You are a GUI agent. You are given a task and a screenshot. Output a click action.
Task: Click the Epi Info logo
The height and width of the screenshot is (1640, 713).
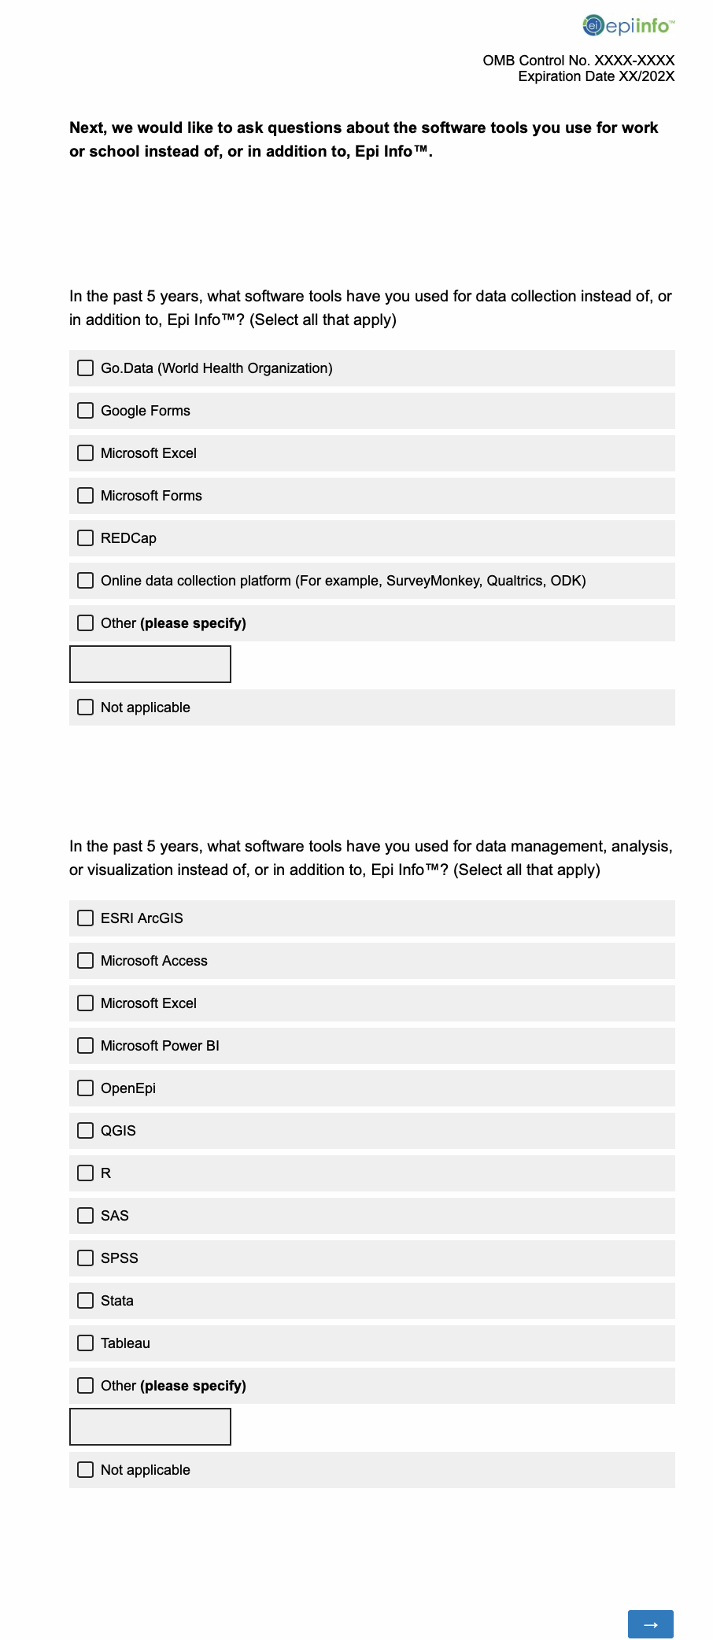(628, 26)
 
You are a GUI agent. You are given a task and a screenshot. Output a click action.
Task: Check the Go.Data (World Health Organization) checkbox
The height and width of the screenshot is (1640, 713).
(86, 368)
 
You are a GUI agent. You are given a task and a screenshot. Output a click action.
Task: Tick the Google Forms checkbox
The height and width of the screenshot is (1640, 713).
(86, 411)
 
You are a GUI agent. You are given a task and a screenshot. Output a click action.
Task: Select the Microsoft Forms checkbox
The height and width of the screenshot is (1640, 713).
(86, 496)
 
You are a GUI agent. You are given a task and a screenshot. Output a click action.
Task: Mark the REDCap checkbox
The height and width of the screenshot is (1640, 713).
(86, 538)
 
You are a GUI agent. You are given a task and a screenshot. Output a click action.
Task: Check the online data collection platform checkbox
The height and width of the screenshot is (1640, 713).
(86, 581)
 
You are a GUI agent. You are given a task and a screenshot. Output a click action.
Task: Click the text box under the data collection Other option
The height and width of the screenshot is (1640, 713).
(150, 664)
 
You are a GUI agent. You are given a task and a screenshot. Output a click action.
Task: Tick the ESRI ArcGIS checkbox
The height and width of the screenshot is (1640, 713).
(86, 918)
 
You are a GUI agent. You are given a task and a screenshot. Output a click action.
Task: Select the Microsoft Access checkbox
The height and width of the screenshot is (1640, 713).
(86, 961)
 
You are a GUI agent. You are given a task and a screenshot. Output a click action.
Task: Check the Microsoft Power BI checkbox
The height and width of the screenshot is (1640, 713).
(86, 1046)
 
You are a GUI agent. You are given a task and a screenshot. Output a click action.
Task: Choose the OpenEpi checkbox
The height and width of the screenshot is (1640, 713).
(86, 1088)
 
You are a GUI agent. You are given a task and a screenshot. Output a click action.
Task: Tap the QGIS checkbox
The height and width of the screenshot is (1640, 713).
(86, 1131)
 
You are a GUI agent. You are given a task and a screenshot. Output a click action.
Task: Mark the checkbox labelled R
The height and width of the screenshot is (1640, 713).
(86, 1173)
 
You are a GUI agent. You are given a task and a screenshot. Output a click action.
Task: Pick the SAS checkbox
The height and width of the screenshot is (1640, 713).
(86, 1216)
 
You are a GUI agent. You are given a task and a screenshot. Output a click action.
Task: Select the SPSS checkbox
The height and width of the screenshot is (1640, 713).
(86, 1258)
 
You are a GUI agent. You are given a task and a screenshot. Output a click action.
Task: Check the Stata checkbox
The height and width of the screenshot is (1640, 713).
(86, 1301)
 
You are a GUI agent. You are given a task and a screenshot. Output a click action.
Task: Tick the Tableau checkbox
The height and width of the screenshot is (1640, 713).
(86, 1343)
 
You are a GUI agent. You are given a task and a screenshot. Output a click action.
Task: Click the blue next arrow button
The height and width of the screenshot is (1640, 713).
(650, 1624)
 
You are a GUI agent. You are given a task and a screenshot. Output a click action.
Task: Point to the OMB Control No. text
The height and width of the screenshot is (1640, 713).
(578, 61)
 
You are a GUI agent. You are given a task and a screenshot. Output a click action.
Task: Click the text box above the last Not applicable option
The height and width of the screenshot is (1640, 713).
(150, 1427)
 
